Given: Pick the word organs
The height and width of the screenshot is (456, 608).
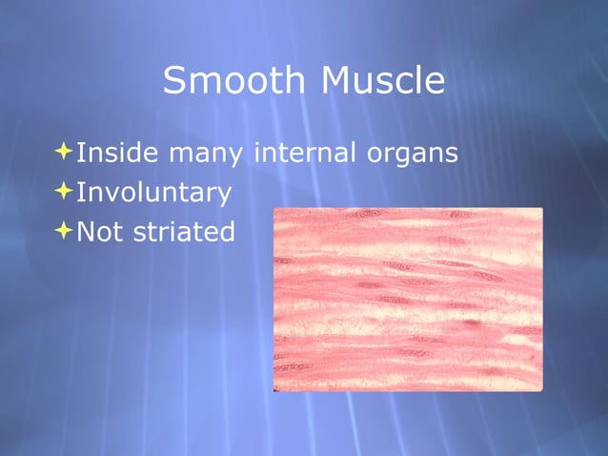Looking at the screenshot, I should pyautogui.click(x=412, y=155).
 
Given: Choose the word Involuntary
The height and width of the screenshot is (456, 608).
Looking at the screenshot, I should pyautogui.click(x=153, y=194).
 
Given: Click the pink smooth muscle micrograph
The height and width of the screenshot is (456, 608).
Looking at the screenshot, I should pyautogui.click(x=408, y=300).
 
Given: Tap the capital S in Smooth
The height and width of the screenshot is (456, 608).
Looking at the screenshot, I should pyautogui.click(x=175, y=81).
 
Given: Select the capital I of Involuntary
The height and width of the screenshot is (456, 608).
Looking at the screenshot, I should pyautogui.click(x=80, y=192).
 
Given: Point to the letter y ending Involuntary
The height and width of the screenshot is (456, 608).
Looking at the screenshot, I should pyautogui.click(x=224, y=197).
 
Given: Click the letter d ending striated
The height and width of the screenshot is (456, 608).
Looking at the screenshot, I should pyautogui.click(x=227, y=232).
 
